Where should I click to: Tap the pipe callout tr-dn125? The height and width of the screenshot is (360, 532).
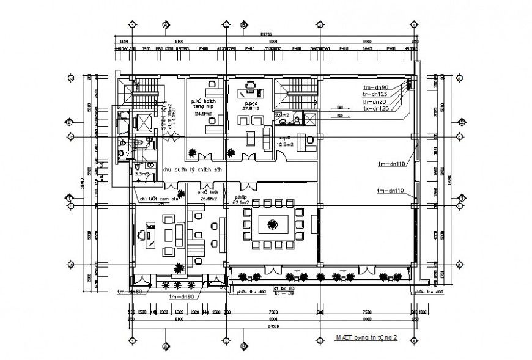pos(375,94)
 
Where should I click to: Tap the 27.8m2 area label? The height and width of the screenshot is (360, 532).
pos(250,108)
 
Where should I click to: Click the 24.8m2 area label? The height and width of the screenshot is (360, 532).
pos(203,114)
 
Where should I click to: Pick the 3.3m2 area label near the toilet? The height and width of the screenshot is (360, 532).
pos(142,174)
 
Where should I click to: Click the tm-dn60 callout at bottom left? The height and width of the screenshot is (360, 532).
pos(130,292)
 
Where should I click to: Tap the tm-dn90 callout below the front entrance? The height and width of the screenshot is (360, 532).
pos(182,296)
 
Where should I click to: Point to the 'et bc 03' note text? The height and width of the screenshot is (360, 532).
pos(284,287)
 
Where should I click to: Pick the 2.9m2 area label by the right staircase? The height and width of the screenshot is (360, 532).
pos(282,115)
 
